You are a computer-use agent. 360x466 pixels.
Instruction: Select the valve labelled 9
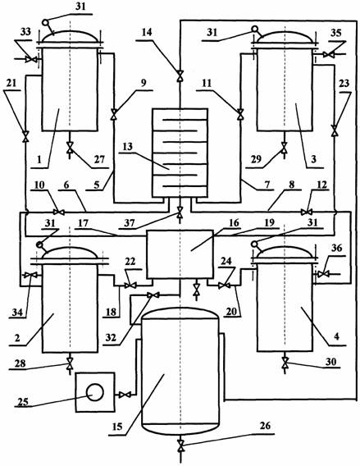pyautogui.click(x=114, y=113)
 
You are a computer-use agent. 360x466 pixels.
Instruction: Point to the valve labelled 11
pyautogui.click(x=240, y=113)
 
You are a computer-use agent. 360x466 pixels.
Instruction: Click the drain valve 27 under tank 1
pyautogui.click(x=70, y=147)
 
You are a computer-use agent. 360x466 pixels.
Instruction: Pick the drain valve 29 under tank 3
pyautogui.click(x=285, y=147)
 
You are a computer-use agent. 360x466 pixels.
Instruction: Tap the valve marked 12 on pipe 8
pyautogui.click(x=305, y=212)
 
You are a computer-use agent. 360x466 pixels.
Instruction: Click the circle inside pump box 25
pyautogui.click(x=95, y=393)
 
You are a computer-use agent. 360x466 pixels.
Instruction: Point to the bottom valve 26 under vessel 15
pyautogui.click(x=180, y=445)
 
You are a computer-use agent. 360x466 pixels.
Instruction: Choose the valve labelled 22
pyautogui.click(x=130, y=286)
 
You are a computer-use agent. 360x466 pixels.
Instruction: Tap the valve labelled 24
pyautogui.click(x=224, y=286)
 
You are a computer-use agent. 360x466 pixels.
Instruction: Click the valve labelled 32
pyautogui.click(x=153, y=295)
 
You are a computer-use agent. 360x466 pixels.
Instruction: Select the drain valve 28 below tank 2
pyautogui.click(x=70, y=362)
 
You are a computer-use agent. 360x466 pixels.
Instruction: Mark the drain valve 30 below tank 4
pyautogui.click(x=285, y=361)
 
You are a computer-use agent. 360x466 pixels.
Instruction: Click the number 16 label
pyautogui.click(x=234, y=222)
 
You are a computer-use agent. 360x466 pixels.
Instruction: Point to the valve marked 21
pyautogui.click(x=26, y=136)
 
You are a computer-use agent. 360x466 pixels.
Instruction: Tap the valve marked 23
pyautogui.click(x=335, y=130)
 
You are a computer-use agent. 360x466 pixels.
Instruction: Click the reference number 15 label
pyautogui.click(x=117, y=427)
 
